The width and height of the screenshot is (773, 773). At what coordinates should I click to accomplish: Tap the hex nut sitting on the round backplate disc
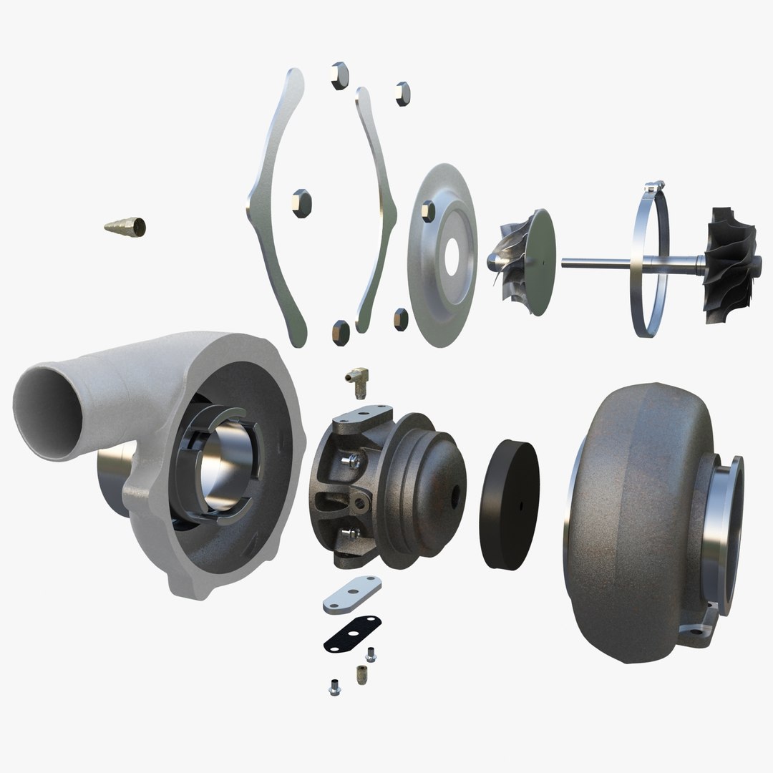pos(427,209)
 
